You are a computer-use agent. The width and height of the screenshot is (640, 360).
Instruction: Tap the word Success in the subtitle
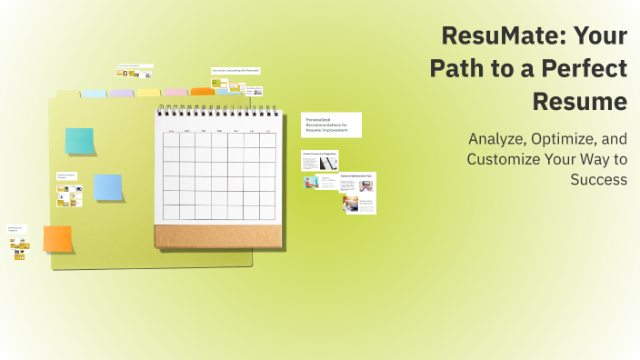598,179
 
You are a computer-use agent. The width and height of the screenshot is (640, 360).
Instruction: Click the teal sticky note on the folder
79,141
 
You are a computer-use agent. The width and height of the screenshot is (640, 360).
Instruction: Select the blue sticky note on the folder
108,187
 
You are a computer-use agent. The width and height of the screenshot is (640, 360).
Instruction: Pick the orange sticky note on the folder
58,239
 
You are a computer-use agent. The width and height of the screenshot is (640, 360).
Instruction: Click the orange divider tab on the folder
202,91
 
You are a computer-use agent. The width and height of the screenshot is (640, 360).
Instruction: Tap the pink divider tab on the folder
175,92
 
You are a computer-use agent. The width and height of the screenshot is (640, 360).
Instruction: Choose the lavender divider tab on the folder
122,93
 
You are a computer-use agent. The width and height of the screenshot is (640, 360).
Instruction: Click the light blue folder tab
95,93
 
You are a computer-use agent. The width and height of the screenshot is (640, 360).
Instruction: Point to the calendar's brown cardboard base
215,235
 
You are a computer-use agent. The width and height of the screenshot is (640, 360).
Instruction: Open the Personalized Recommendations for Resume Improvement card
331,125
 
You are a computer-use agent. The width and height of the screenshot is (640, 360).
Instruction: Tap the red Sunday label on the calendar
170,132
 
